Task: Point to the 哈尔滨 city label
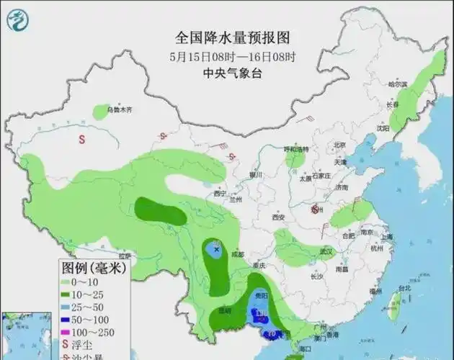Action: pyautogui.click(x=398, y=84)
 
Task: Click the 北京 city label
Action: pyautogui.click(x=341, y=145)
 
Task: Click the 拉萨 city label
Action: pyautogui.click(x=128, y=256)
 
